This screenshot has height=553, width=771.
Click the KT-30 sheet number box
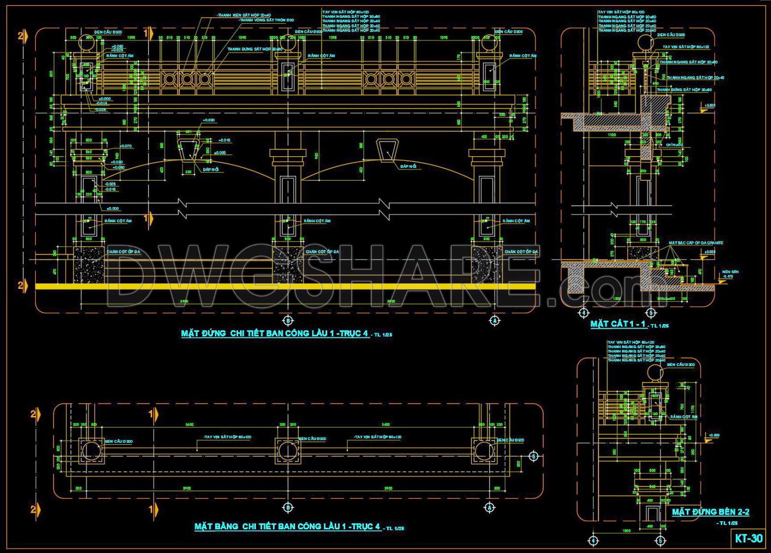pos(749,538)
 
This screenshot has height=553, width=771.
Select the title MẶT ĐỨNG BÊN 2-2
pos(710,512)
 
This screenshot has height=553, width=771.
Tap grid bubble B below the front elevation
pos(288,320)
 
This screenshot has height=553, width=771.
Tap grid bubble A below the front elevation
pos(494,320)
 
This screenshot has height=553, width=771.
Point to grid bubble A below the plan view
pos(490,507)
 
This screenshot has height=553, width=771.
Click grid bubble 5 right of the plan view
pos(533,456)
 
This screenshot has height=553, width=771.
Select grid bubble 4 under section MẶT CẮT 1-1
pos(584,312)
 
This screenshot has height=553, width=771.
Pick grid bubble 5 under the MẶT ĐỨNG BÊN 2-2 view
pos(661,540)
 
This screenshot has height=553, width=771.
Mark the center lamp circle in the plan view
pos(288,450)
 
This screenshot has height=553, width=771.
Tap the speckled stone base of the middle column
pos(288,265)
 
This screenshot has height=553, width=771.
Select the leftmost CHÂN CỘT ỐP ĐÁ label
pos(123,252)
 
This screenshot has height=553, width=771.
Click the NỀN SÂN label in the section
pos(730,272)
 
